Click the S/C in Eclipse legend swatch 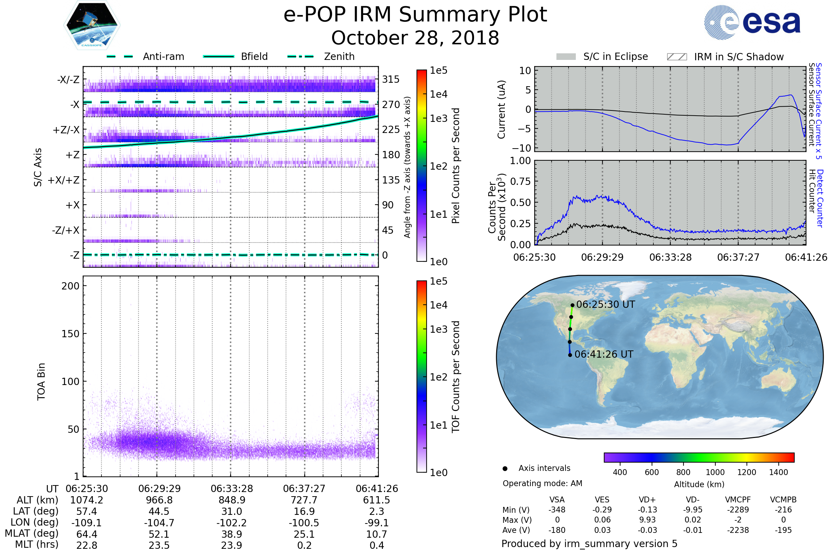point(566,57)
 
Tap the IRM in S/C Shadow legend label point(739,57)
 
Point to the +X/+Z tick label point(64,180)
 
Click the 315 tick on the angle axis point(391,79)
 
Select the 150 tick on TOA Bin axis point(70,334)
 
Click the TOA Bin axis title point(41,381)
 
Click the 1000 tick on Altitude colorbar point(715,472)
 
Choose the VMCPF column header point(738,500)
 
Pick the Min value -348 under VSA point(557,510)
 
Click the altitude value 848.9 point(232,500)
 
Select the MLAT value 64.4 point(87,534)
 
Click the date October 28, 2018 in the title point(415,38)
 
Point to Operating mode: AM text point(542,483)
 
